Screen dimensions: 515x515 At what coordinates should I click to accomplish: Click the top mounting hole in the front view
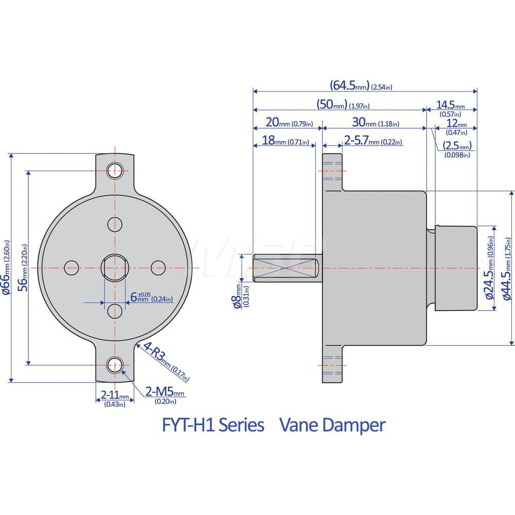coord(114,170)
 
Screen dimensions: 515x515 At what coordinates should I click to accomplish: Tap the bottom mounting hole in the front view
coord(114,365)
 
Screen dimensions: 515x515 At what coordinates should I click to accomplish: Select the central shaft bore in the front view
coord(114,267)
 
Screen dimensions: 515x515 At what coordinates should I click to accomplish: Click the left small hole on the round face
coord(71,267)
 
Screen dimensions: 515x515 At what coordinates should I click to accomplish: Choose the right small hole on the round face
coord(158,267)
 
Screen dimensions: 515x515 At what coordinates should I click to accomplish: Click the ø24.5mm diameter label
coord(489,268)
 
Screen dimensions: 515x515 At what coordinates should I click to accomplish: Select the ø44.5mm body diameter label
coord(506,268)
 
